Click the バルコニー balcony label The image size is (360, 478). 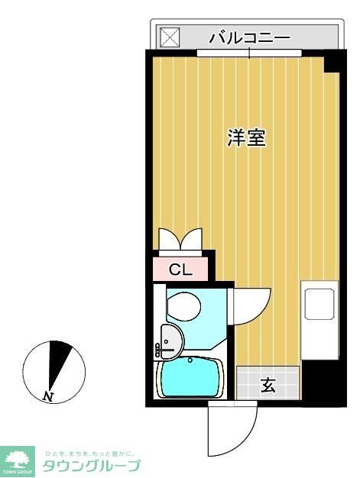point(249,37)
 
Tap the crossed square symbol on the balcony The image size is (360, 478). point(167,37)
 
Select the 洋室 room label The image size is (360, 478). point(246,138)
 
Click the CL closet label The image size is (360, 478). point(180,269)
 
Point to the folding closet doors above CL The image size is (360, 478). point(180,240)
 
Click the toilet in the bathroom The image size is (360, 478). point(183,305)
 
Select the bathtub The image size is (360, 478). point(190,378)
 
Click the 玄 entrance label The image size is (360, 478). point(268,385)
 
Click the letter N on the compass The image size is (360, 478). point(49,396)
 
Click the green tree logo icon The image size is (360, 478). point(18,460)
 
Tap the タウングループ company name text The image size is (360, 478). point(91,466)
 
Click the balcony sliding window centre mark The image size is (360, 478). point(249,53)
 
